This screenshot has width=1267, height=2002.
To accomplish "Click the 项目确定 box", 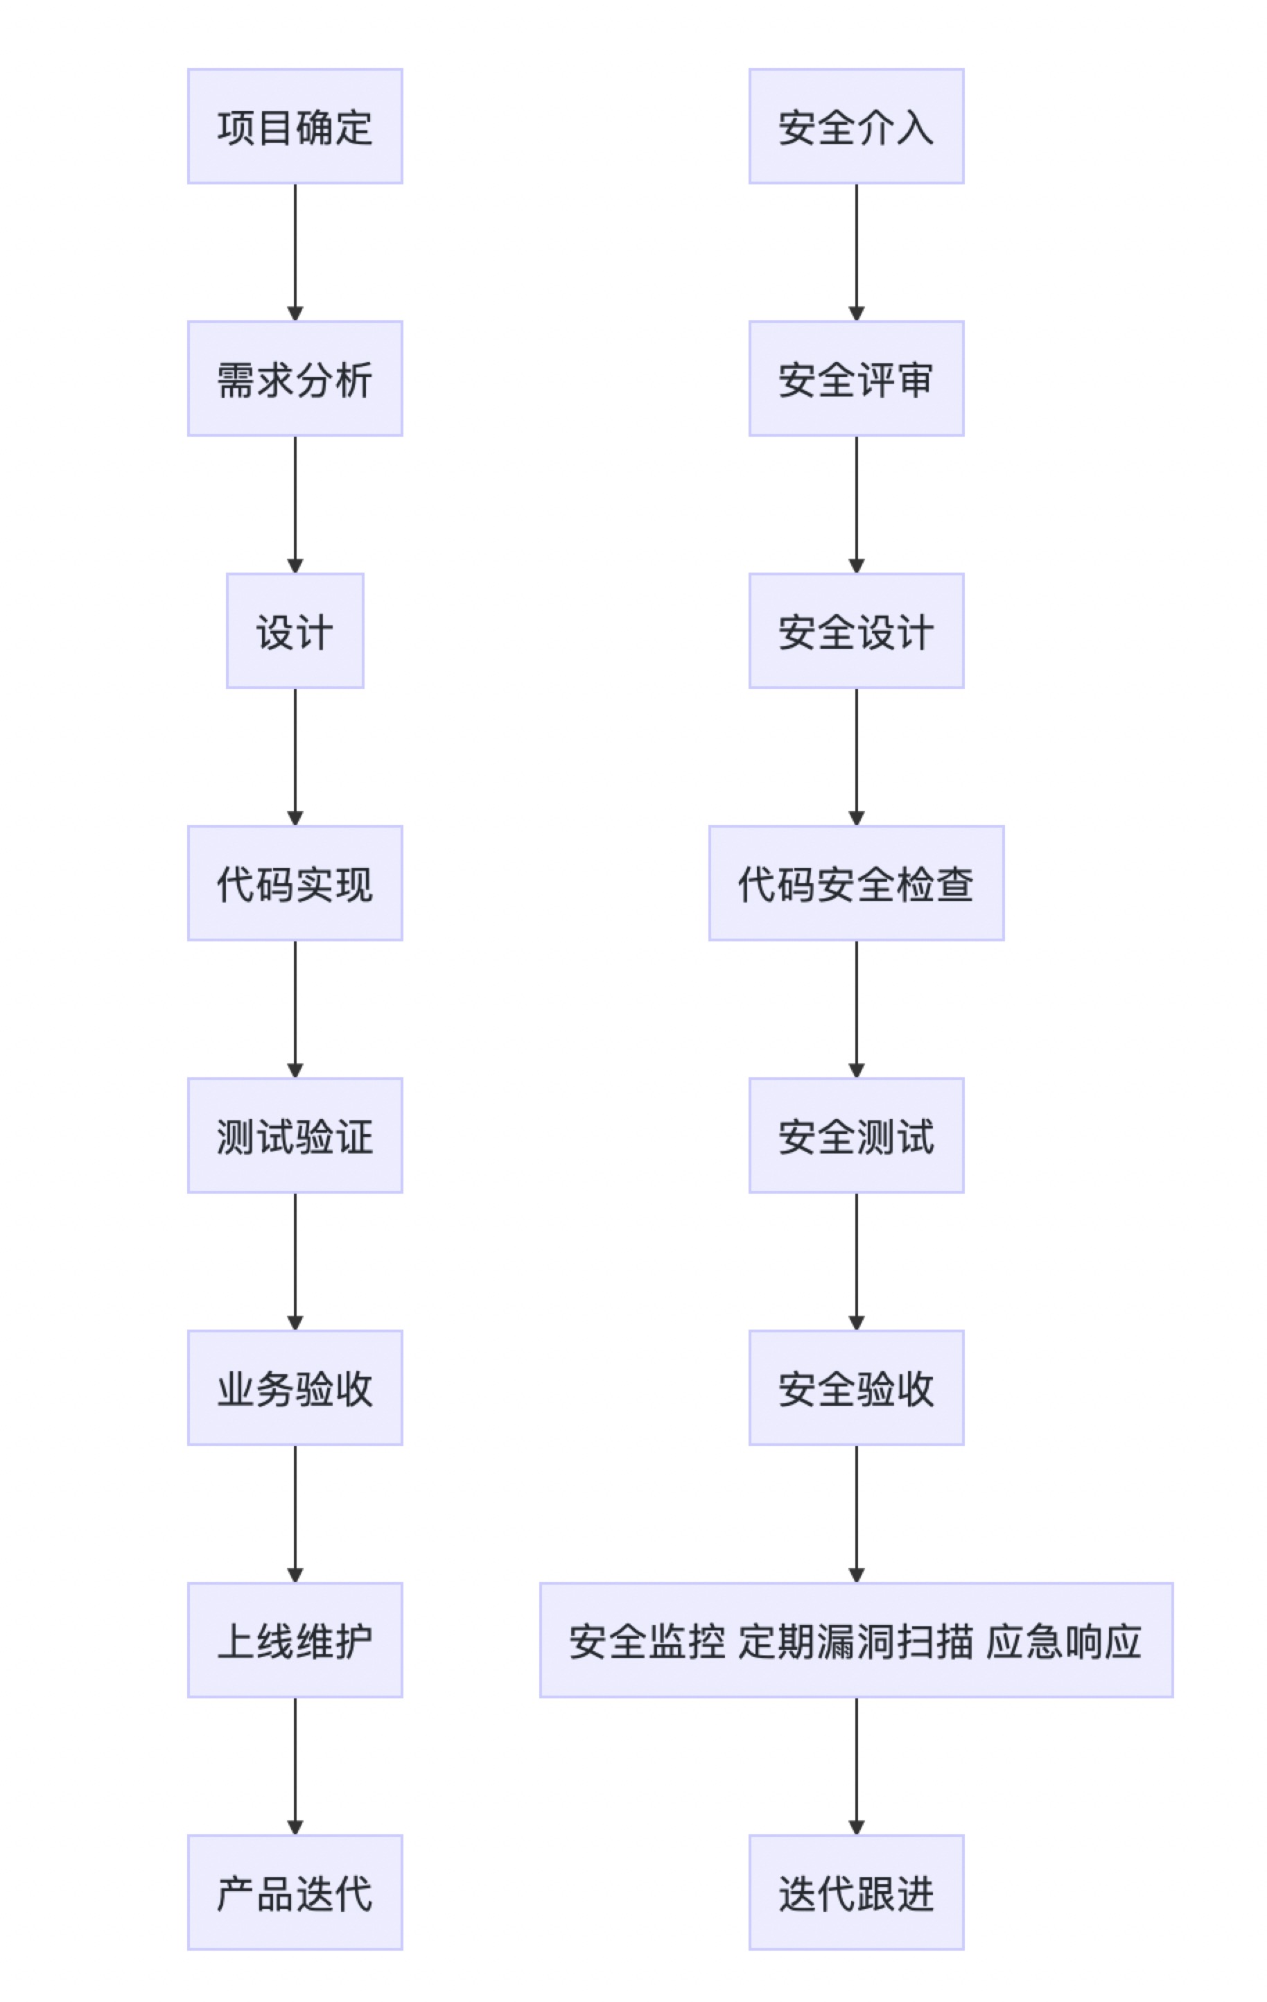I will (295, 126).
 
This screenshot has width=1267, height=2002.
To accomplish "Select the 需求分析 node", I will (295, 378).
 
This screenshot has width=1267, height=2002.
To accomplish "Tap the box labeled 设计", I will (295, 631).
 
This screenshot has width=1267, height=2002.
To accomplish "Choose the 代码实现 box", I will (295, 883).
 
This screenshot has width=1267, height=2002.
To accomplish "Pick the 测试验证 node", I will (295, 1135).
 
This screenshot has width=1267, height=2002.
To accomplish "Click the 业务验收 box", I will (295, 1388).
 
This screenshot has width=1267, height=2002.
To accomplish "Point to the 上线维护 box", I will (295, 1640).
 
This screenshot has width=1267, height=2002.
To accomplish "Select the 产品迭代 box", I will (295, 1892).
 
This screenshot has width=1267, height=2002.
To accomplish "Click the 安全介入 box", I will (856, 126).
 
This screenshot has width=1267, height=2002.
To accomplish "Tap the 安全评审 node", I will (856, 378).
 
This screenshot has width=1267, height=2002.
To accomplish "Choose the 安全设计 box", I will (856, 631).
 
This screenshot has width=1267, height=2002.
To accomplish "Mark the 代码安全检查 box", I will (856, 883).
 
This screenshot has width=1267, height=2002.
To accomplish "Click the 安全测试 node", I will (856, 1135).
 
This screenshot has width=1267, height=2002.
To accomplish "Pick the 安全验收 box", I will (856, 1388).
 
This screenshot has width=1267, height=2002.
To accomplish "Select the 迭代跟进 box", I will (856, 1892).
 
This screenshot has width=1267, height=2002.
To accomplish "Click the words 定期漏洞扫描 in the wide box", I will (855, 1641).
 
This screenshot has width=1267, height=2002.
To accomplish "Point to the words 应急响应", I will (1063, 1641).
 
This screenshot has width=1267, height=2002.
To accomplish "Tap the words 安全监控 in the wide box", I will (647, 1641).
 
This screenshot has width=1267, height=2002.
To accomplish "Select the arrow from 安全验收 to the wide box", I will (856, 1513).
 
